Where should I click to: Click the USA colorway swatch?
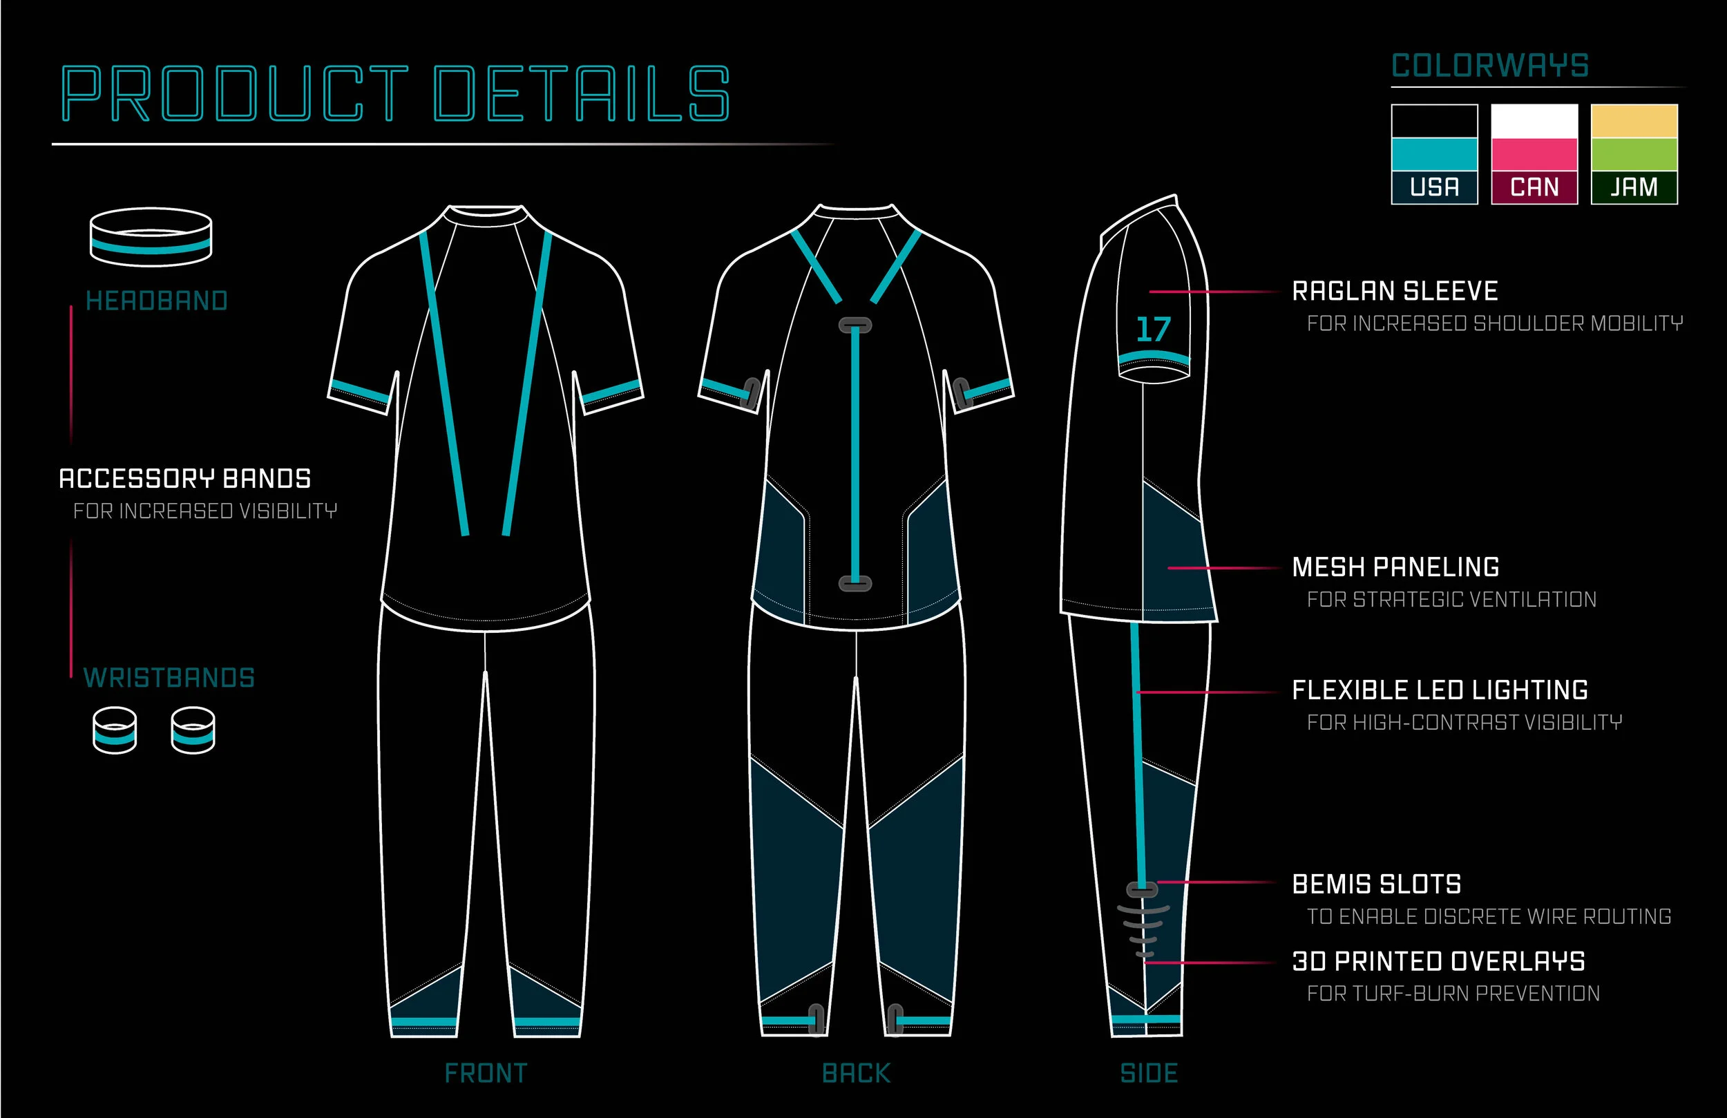pyautogui.click(x=1434, y=154)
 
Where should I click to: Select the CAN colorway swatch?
pyautogui.click(x=1534, y=154)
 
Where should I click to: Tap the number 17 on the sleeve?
pyautogui.click(x=1153, y=330)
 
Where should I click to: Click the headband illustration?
pyautogui.click(x=151, y=238)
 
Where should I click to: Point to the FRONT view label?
pyautogui.click(x=486, y=1073)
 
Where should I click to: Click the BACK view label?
pyautogui.click(x=856, y=1073)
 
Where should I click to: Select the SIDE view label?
pyautogui.click(x=1149, y=1073)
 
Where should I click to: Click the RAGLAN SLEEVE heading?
pyautogui.click(x=1395, y=291)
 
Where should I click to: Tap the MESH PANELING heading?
pyautogui.click(x=1395, y=567)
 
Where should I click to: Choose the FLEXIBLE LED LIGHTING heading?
pyautogui.click(x=1440, y=690)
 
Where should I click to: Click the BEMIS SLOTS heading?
pyautogui.click(x=1377, y=884)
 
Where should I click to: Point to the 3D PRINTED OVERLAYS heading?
pyautogui.click(x=1438, y=961)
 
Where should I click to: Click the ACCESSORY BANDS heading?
pyautogui.click(x=185, y=478)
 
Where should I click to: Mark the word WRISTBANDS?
pyautogui.click(x=169, y=678)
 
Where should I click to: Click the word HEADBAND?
pyautogui.click(x=157, y=301)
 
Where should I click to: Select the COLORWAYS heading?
pyautogui.click(x=1490, y=66)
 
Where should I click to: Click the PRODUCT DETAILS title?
pyautogui.click(x=395, y=94)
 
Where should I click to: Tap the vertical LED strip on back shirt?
pyautogui.click(x=855, y=454)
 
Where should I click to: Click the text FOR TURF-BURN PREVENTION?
pyautogui.click(x=1453, y=993)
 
